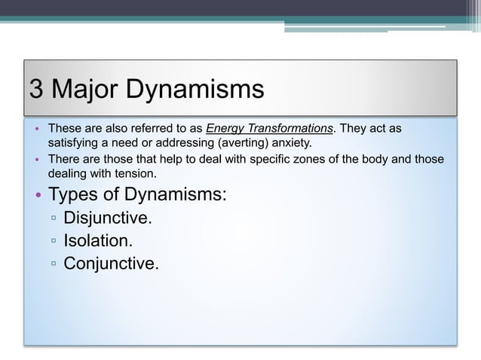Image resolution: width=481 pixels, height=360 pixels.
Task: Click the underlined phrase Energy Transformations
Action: tap(270, 128)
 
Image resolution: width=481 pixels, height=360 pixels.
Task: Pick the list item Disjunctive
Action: tap(108, 219)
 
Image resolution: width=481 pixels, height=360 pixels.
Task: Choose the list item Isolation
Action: tap(98, 241)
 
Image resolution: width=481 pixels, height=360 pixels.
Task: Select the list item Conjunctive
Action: tap(112, 263)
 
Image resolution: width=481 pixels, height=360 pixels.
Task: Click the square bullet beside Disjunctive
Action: tap(54, 220)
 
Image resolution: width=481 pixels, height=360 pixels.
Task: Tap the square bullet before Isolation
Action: tap(54, 242)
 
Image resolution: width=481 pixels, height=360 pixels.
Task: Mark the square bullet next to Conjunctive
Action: tap(54, 264)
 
